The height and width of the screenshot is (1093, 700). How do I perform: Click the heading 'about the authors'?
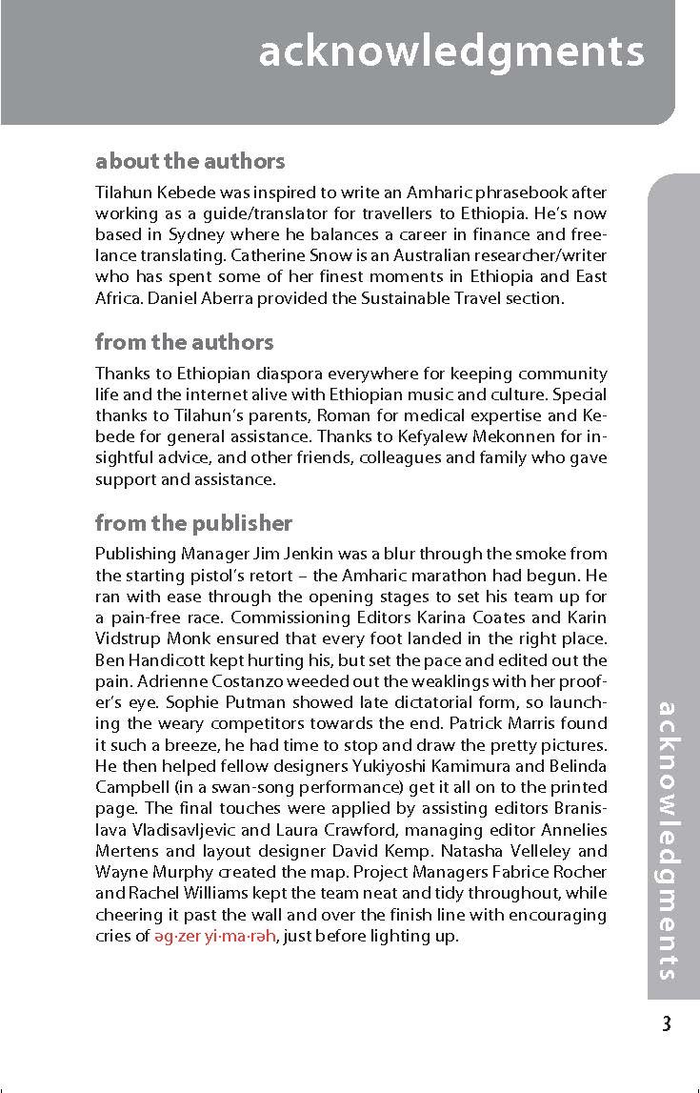click(x=190, y=161)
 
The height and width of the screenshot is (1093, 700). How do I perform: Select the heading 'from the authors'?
click(x=184, y=341)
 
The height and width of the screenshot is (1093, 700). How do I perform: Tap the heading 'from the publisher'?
click(x=193, y=522)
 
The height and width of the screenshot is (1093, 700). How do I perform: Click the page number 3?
click(x=666, y=1024)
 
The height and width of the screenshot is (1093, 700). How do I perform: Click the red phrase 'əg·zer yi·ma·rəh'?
click(x=214, y=936)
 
